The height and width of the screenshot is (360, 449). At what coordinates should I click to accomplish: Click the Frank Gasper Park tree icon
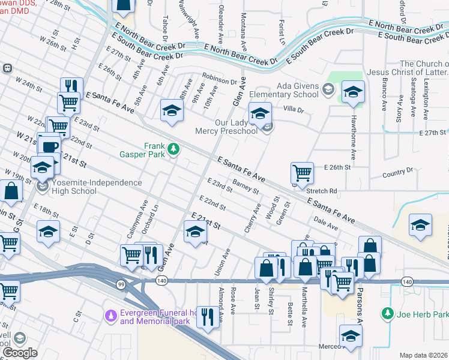click(173, 148)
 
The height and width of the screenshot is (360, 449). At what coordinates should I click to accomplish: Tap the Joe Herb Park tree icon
click(387, 314)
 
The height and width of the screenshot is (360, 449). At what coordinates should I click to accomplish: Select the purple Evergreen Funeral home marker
click(110, 315)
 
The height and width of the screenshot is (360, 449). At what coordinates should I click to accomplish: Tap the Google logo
click(20, 353)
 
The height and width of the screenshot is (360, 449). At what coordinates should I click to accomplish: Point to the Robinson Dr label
click(220, 80)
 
